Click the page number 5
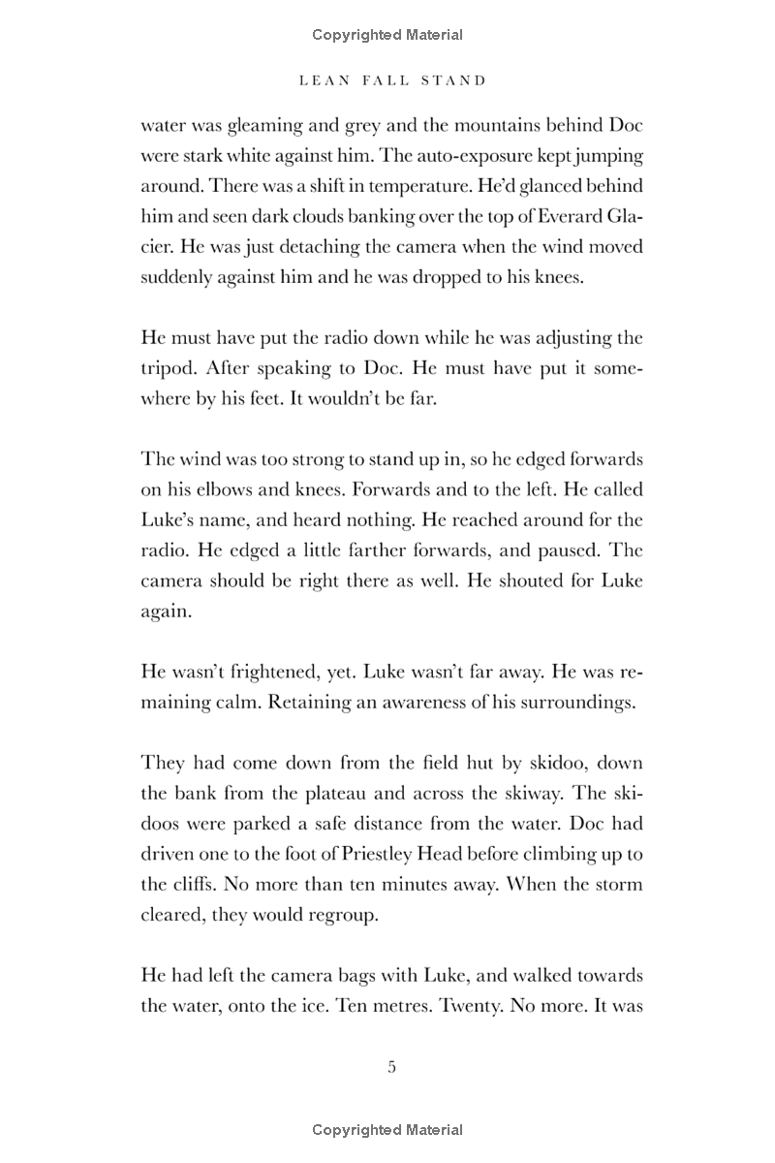coord(391,1067)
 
